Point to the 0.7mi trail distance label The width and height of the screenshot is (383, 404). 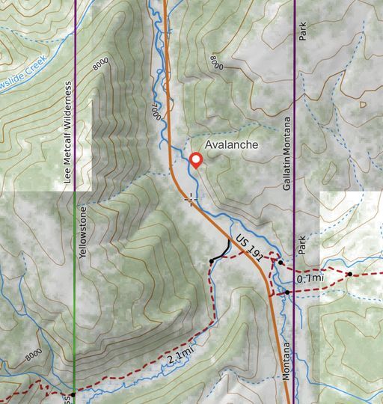[x=310, y=278]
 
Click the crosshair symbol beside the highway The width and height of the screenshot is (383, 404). [x=191, y=199]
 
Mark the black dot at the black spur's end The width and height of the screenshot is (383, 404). [x=212, y=260]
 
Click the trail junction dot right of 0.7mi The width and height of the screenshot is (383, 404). [x=349, y=275]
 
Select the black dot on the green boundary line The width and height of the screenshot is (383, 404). [x=73, y=394]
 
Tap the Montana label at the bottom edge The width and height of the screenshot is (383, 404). [x=287, y=362]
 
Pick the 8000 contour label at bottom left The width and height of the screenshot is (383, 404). [x=34, y=355]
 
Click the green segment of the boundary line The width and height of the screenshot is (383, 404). [x=76, y=299]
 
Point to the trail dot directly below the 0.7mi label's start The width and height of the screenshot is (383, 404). [x=287, y=292]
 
